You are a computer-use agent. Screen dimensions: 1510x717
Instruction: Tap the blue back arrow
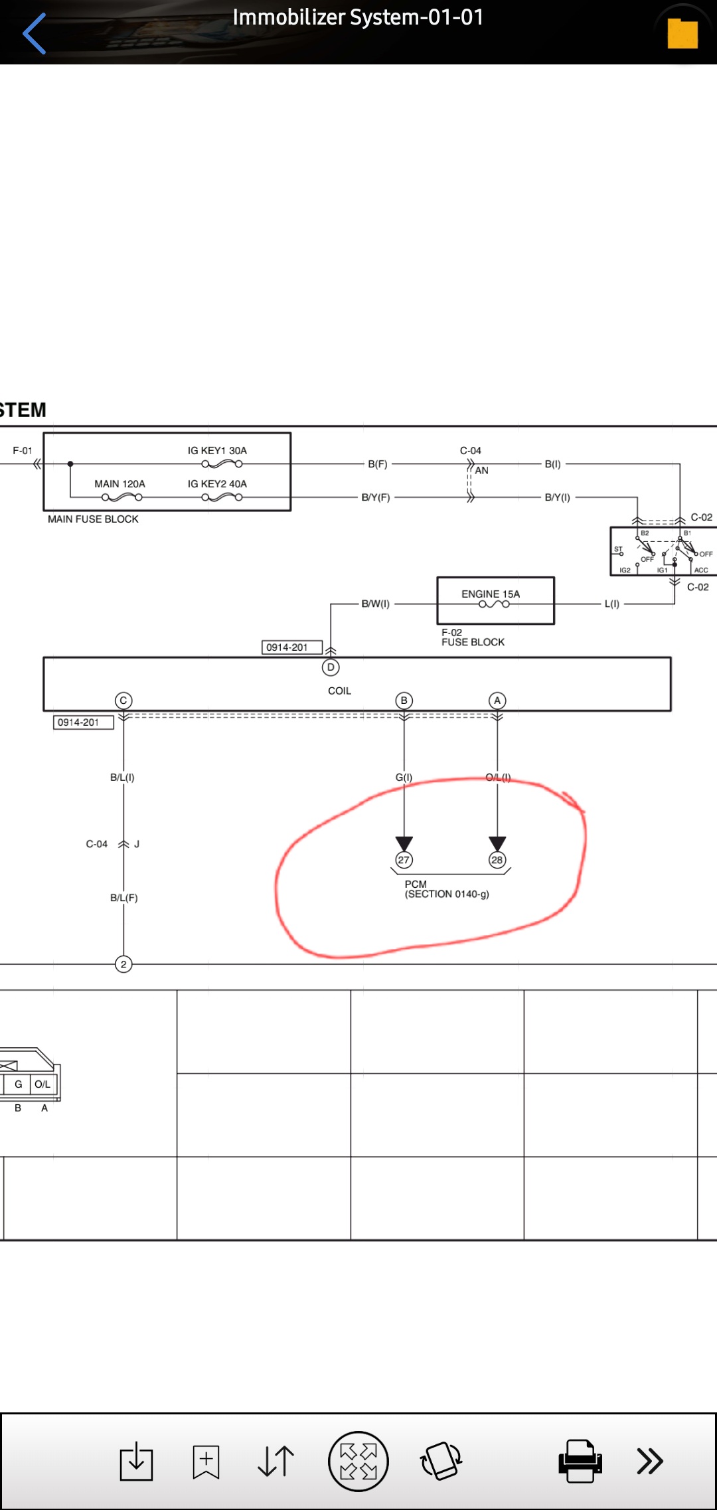34,33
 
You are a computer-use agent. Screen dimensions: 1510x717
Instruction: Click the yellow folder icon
682,34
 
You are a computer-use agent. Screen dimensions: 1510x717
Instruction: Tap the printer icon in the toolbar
580,1461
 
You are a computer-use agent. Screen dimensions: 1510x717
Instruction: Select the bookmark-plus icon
206,1462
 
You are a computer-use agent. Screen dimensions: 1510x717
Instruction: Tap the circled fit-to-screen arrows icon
358,1461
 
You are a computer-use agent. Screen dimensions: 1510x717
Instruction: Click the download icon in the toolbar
136,1461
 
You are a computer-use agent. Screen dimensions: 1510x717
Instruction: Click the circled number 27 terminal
404,860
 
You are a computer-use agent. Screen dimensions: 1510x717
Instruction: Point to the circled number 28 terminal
497,860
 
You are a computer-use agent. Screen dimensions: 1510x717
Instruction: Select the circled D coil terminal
331,667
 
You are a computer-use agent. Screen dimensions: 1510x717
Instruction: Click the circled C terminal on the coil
123,701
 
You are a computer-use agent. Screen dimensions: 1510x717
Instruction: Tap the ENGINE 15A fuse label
491,594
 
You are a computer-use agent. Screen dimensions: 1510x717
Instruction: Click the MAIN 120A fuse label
119,483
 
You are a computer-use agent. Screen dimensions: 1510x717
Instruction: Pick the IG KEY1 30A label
217,450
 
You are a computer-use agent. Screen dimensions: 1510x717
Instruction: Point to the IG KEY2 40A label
217,483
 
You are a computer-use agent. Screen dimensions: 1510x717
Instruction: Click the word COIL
339,691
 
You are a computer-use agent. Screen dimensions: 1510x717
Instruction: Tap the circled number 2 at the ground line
123,964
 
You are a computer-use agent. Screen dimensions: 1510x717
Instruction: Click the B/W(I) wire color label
376,604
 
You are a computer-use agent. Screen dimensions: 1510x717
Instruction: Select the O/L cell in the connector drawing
42,1084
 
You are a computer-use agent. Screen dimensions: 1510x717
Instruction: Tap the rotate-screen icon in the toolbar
441,1461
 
